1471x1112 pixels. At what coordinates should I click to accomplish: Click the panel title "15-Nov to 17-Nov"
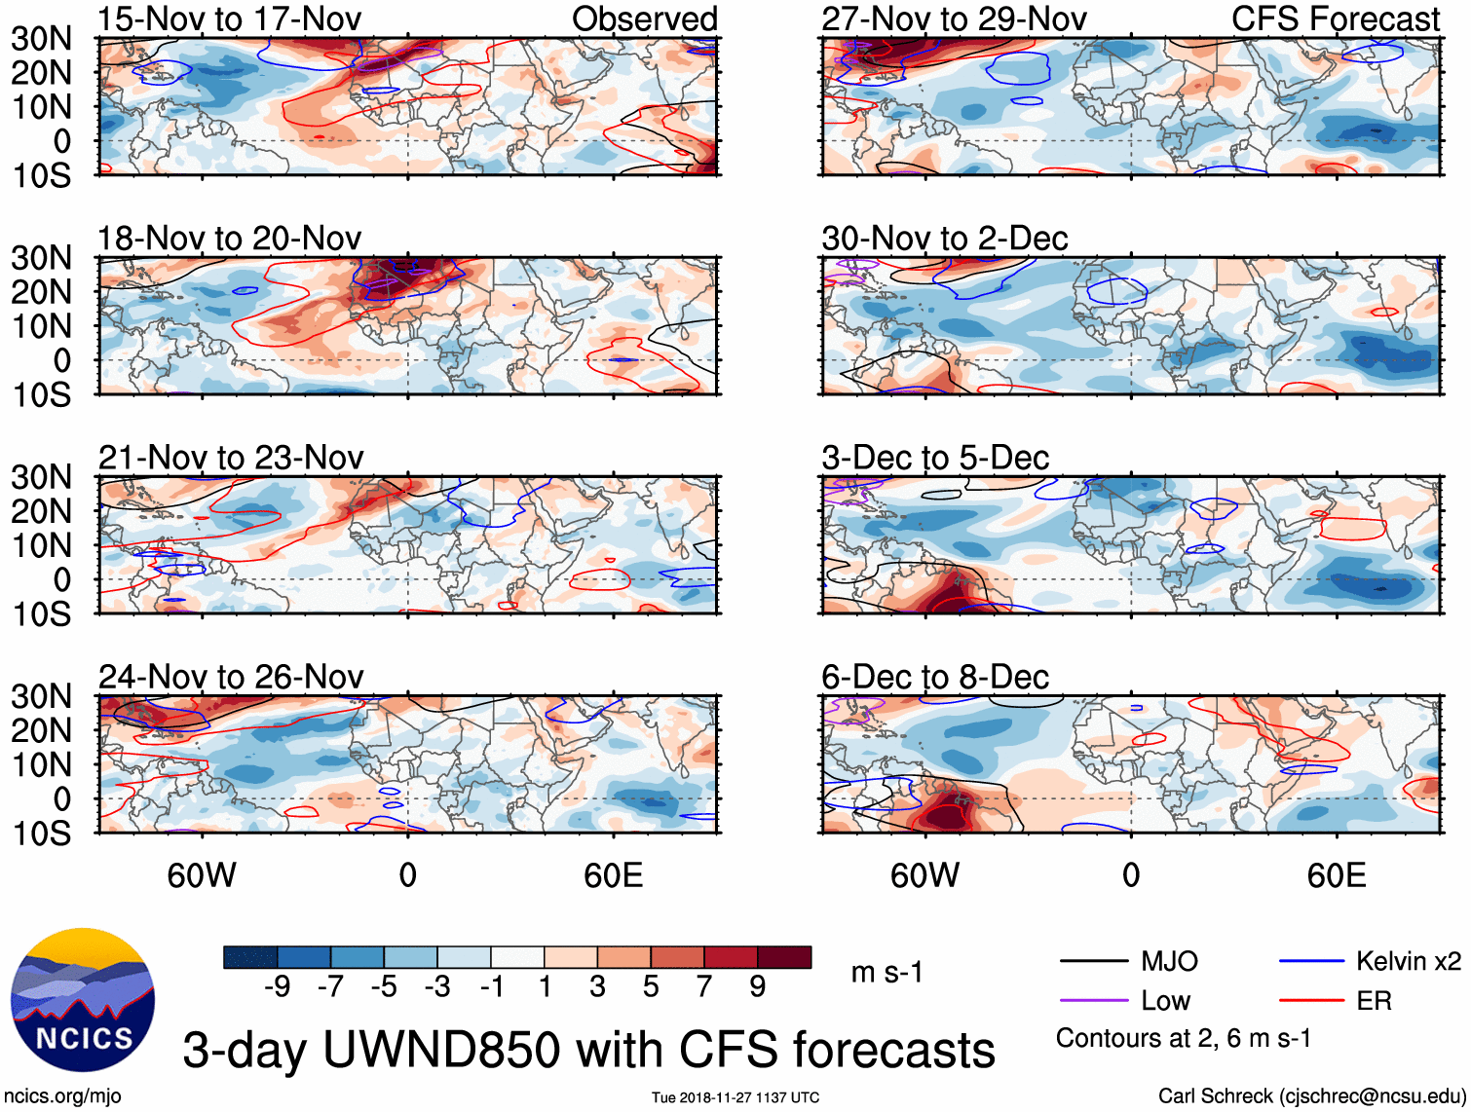[x=230, y=19]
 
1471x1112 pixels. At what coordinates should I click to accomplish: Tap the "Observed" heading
[x=644, y=19]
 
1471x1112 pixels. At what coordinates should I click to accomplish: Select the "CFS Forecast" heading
[x=1335, y=19]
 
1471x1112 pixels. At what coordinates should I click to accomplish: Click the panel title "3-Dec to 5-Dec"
[x=935, y=458]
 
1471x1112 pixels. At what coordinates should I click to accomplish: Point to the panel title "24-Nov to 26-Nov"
[x=231, y=677]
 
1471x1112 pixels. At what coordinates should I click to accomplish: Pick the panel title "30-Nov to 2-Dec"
[x=945, y=239]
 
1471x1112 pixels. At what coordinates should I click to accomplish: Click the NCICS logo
[x=83, y=1000]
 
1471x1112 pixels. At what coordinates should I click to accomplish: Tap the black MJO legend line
[x=1093, y=962]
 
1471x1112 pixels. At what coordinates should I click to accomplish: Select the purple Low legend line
[x=1093, y=1001]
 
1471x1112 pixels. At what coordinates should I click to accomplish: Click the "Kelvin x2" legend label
[x=1408, y=962]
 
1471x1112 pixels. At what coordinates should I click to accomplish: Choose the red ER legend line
[x=1311, y=1001]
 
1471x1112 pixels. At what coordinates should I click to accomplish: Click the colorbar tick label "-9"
[x=278, y=987]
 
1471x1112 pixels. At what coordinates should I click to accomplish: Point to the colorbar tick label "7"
[x=704, y=987]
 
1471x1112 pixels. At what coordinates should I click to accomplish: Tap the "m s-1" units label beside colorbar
[x=886, y=972]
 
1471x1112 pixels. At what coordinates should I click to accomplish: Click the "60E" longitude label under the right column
[x=1336, y=875]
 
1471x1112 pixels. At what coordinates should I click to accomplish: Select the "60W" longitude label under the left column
[x=202, y=875]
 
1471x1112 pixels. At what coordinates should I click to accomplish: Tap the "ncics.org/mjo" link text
[x=63, y=1096]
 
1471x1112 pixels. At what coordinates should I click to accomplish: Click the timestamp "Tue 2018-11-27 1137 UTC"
[x=735, y=1097]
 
